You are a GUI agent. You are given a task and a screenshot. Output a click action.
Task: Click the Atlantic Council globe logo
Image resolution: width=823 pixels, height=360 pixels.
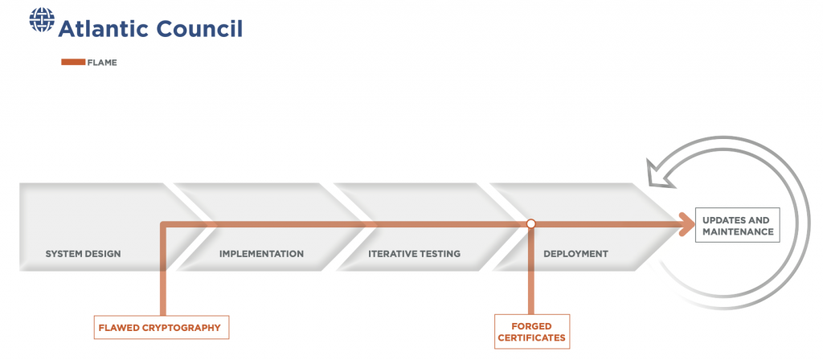coord(42,19)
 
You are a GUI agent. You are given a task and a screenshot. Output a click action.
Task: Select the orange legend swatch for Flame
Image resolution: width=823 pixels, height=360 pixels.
coord(73,63)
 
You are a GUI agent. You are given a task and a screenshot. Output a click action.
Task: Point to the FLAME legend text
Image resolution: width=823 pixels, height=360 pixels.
coord(102,63)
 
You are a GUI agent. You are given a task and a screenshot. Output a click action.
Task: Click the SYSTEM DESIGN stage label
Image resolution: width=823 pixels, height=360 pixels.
coord(83,254)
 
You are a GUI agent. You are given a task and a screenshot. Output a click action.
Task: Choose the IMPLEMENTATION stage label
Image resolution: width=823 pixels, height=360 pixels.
coord(261,254)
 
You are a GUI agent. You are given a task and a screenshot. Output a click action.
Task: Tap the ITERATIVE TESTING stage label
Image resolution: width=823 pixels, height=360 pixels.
coord(414,254)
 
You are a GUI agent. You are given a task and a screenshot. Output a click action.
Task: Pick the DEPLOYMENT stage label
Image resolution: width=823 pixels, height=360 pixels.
coord(575,254)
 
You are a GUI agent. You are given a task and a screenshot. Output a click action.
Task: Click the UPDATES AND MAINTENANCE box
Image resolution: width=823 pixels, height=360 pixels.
coord(738,225)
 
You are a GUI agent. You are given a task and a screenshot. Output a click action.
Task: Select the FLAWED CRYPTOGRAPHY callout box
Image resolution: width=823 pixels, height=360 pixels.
coord(162,328)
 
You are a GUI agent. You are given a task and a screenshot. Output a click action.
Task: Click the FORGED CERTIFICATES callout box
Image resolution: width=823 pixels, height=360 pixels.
coord(532,331)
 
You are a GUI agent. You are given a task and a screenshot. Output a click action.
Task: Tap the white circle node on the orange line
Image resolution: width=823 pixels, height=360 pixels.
coord(530,223)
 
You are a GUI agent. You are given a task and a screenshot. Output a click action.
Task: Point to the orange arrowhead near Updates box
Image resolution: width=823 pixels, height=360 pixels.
coord(687,224)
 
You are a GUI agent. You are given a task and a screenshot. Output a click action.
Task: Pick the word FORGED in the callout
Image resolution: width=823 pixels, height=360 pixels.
coord(532,326)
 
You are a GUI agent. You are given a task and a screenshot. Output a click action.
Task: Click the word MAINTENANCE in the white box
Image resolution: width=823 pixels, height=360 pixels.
coord(738,231)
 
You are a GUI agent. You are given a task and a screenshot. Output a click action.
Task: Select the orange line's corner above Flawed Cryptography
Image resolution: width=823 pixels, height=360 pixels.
coord(164,224)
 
